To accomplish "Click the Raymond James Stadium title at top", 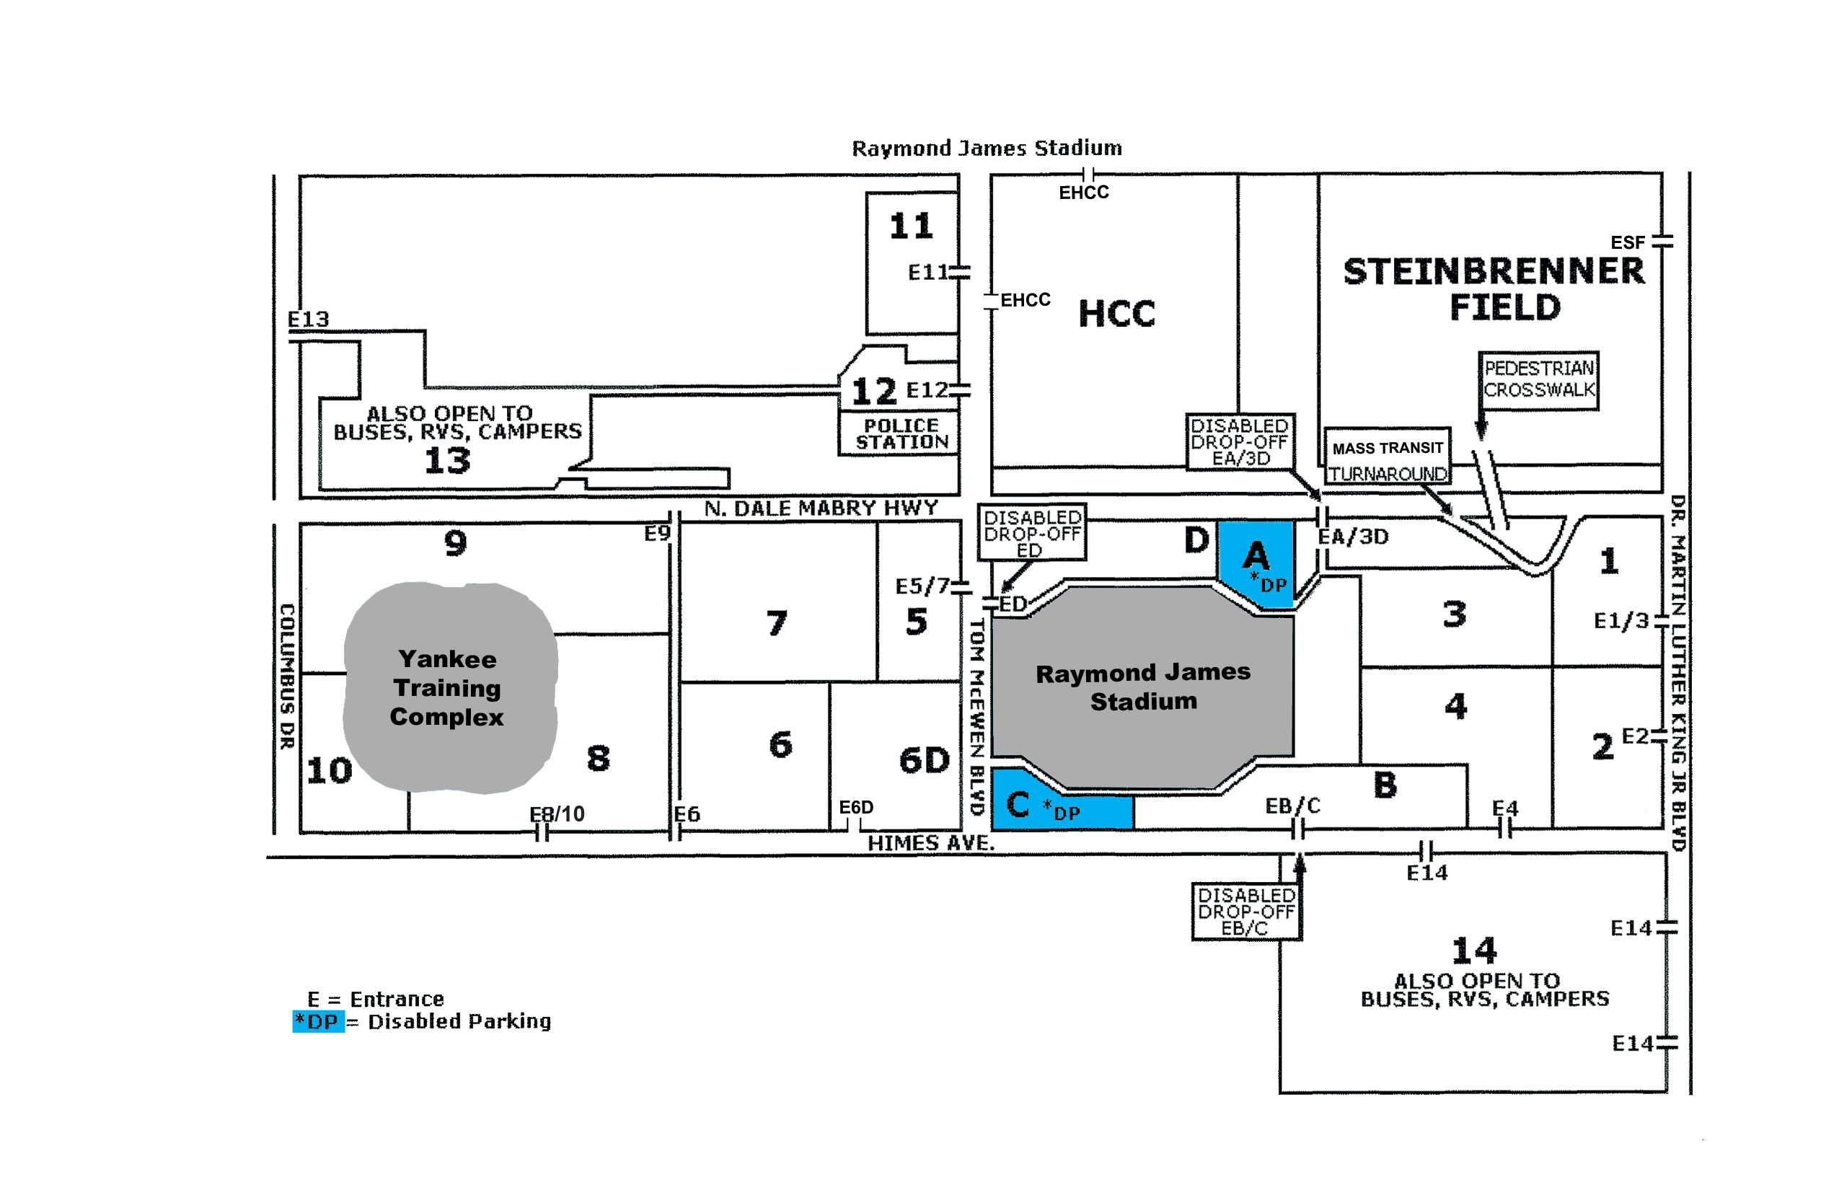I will point(987,148).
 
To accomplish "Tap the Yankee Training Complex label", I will point(446,688).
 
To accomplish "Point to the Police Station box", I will point(900,434).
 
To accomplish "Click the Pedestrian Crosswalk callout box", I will point(1538,379).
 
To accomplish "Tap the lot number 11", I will point(912,226).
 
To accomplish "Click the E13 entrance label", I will point(309,319).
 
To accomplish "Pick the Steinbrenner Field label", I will point(1494,289).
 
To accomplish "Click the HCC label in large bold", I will point(1116,314).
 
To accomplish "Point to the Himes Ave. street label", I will point(930,843).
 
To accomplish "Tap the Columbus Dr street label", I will point(287,676).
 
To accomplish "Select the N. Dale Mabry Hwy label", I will point(821,508).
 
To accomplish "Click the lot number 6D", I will point(923,761).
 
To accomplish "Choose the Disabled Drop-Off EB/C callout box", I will point(1246,912).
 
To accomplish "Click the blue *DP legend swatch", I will point(317,1021).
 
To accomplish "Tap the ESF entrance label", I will point(1627,242).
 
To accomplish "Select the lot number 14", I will point(1473,951).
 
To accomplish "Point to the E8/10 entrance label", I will point(556,814).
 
